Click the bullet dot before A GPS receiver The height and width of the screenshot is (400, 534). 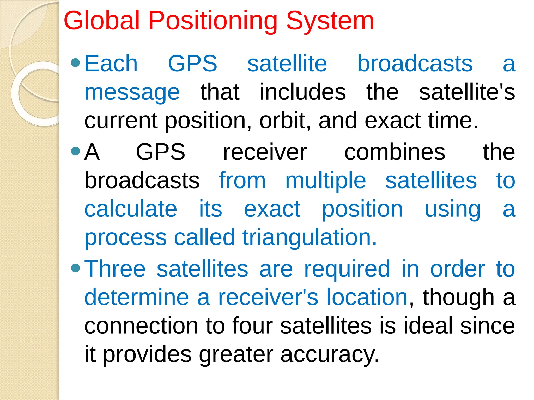click(x=75, y=151)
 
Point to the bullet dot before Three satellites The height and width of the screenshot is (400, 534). click(x=75, y=268)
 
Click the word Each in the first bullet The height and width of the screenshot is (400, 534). click(x=111, y=64)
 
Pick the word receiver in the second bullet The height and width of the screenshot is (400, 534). click(x=265, y=153)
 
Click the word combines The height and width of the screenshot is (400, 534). click(x=395, y=153)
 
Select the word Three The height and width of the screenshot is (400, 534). click(x=115, y=269)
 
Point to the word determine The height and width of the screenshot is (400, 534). click(x=137, y=297)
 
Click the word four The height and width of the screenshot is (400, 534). click(x=252, y=326)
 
